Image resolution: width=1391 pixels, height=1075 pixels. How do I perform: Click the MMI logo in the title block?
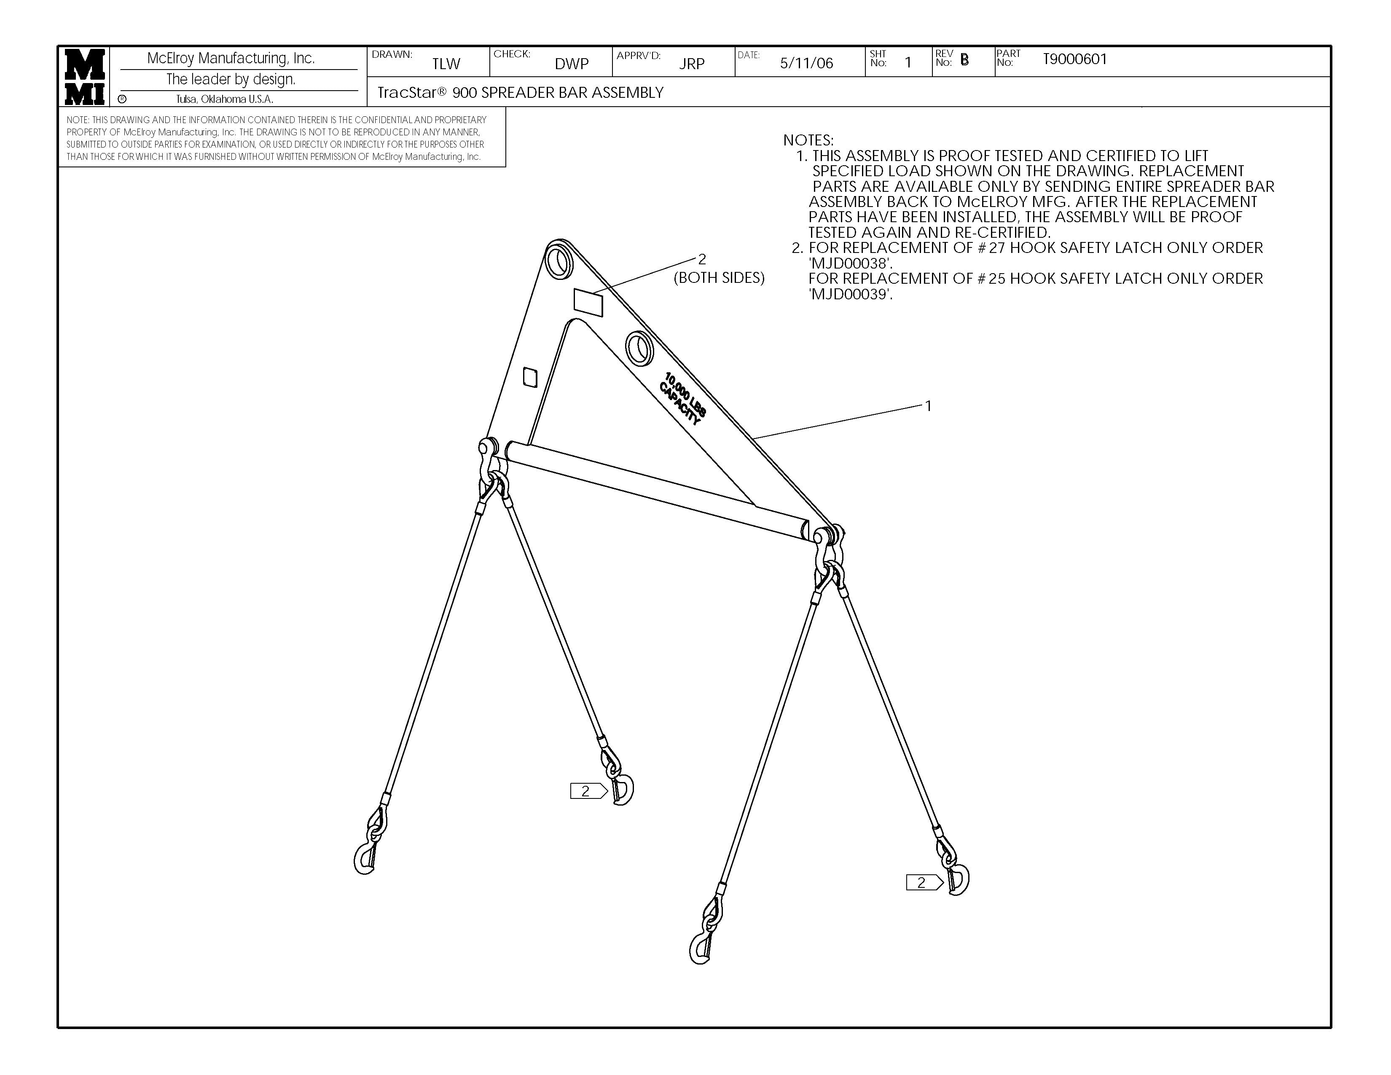pos(84,76)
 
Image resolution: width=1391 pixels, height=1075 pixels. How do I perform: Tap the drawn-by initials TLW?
pos(446,64)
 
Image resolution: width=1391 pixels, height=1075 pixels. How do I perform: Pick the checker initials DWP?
pos(571,64)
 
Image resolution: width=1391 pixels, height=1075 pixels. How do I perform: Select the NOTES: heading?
pos(808,140)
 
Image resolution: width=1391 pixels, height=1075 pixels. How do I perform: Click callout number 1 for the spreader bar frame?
pos(928,406)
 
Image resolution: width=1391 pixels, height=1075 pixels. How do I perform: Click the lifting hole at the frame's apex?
pos(559,259)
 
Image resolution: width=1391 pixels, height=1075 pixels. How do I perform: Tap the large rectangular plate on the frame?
pos(588,301)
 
